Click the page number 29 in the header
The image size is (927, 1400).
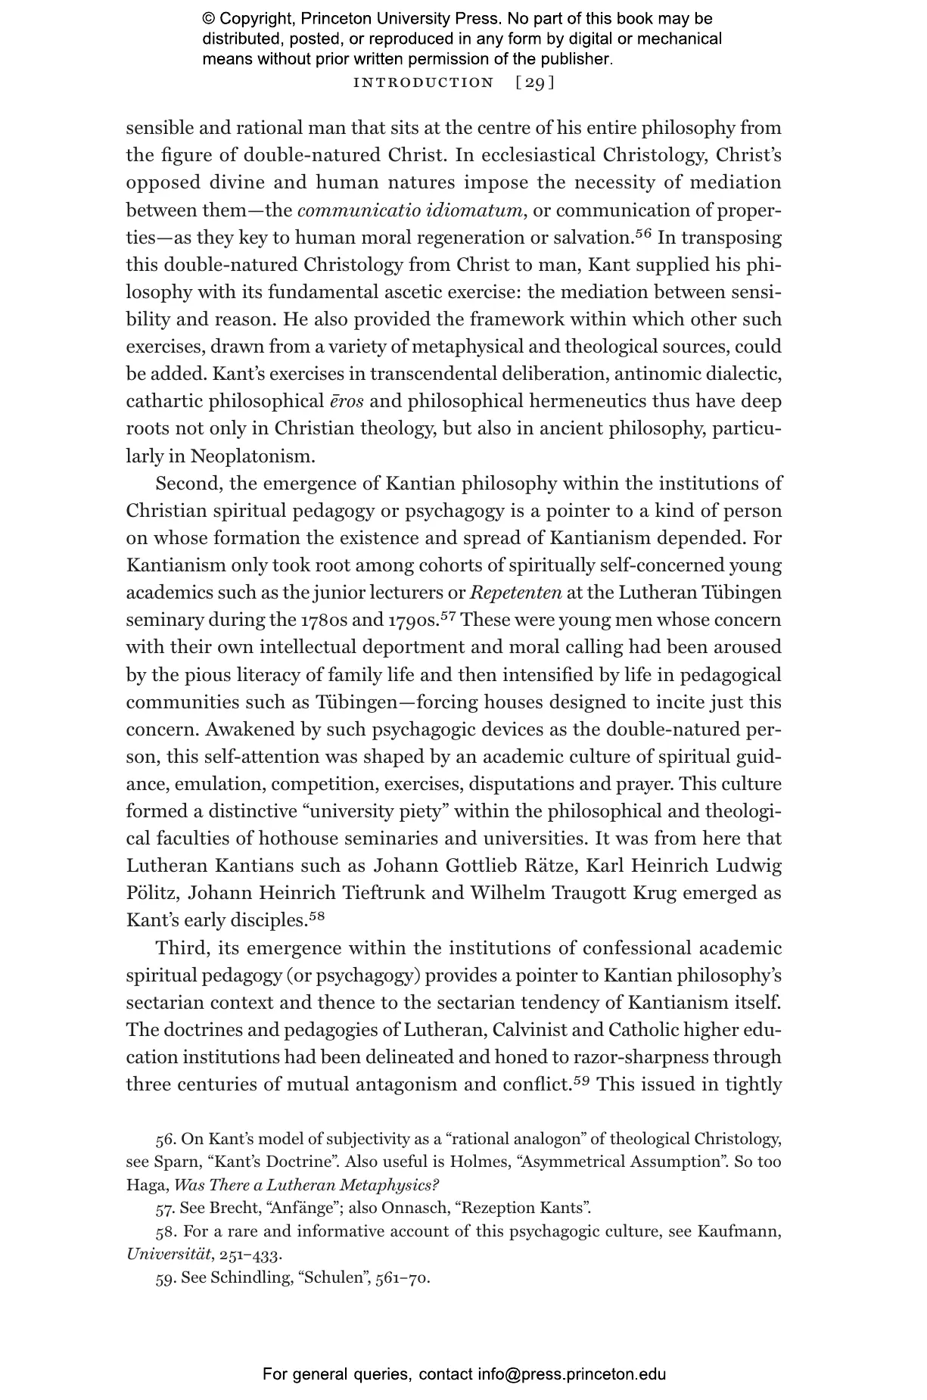535,82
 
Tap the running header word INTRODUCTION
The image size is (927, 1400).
423,82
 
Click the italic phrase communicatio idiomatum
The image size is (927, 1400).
410,210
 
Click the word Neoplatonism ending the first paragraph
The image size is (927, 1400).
251,456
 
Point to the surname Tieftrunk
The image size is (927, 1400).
385,892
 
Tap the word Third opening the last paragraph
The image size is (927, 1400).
182,948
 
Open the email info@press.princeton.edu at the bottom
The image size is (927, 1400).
571,1374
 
